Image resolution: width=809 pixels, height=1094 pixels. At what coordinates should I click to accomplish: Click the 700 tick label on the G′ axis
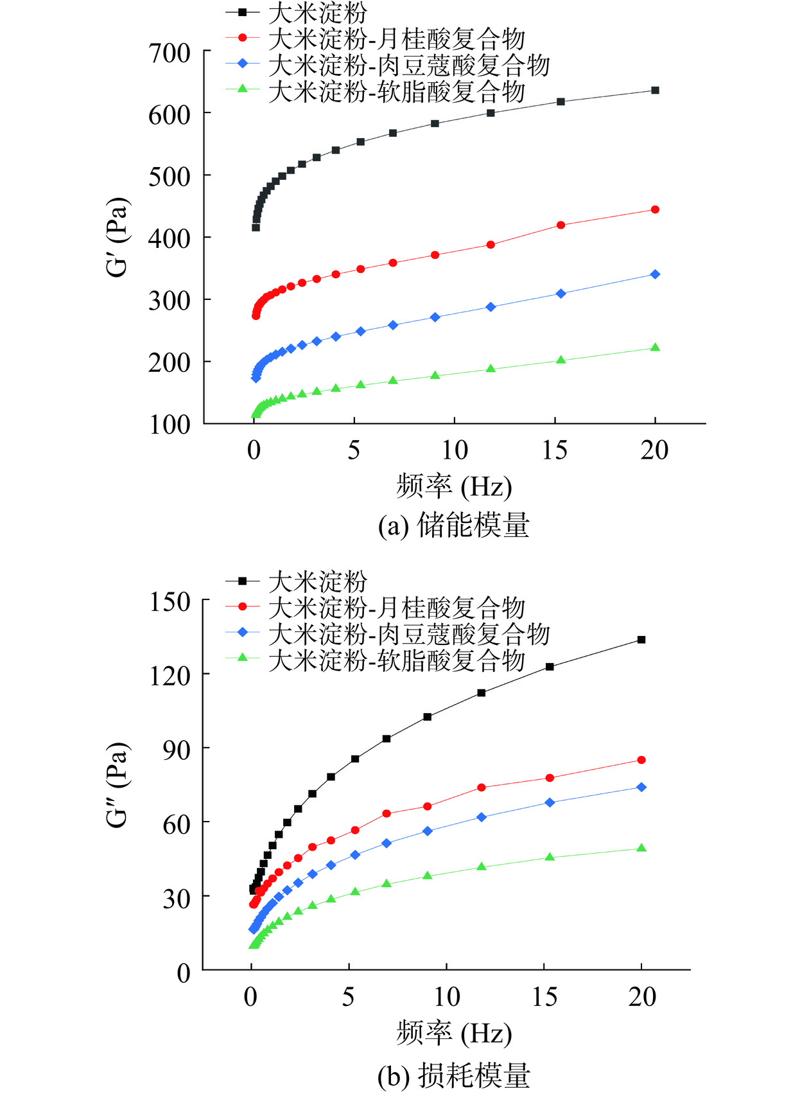(170, 53)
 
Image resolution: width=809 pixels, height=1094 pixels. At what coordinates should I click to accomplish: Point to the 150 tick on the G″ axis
(170, 602)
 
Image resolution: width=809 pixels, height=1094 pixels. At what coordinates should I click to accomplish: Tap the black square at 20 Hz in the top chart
(655, 91)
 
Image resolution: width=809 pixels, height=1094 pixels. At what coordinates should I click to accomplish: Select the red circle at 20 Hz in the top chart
(655, 209)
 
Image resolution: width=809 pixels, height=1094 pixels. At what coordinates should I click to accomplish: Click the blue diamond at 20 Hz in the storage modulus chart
(655, 274)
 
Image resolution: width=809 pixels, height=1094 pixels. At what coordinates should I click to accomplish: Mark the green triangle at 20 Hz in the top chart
(655, 348)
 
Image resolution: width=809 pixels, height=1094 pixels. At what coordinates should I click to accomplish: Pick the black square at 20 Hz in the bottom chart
(641, 640)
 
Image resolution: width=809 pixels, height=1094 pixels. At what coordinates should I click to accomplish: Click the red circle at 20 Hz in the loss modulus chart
(641, 760)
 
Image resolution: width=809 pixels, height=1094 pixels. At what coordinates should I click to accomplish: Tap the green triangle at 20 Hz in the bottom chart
(641, 848)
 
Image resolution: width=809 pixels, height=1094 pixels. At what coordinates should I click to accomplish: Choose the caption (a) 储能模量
(453, 525)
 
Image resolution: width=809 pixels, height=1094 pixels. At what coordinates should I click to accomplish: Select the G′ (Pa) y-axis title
(118, 238)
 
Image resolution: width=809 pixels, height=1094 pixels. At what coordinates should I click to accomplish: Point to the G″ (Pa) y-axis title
(118, 785)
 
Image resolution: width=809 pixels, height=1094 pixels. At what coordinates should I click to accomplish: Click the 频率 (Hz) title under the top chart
(453, 486)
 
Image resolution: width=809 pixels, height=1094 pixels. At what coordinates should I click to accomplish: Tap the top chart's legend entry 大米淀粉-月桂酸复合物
(397, 40)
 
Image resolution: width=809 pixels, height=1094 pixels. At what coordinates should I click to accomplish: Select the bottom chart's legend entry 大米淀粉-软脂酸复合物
(397, 660)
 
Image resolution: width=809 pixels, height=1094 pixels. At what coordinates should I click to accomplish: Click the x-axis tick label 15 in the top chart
(554, 450)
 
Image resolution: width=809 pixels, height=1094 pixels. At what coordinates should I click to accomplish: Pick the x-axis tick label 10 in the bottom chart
(446, 997)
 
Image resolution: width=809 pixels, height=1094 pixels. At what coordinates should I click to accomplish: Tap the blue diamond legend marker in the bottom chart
(242, 633)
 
